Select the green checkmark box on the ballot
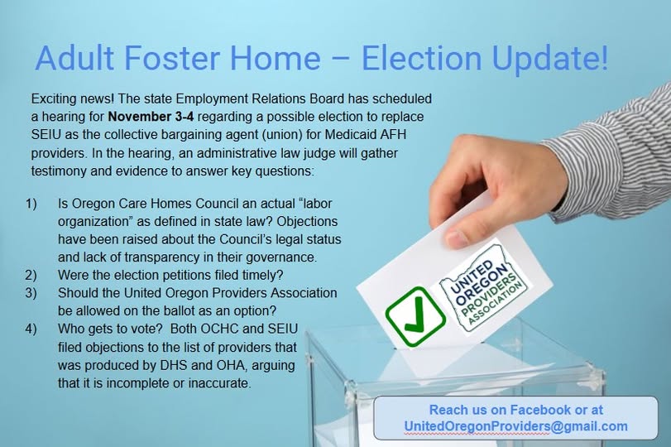pos(415,315)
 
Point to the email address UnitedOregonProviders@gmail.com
pos(515,426)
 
